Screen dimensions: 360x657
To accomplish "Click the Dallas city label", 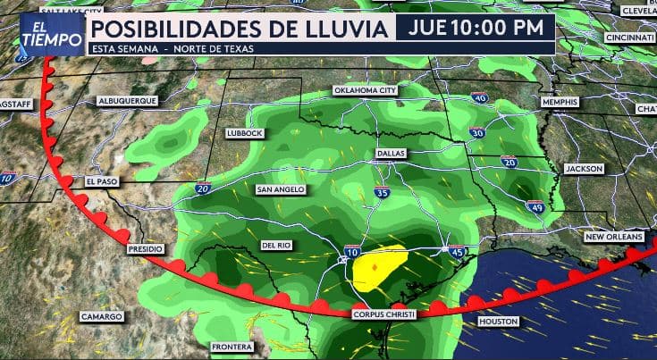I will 391,153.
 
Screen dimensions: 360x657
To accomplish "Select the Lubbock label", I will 245,132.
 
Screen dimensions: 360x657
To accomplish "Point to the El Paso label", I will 102,180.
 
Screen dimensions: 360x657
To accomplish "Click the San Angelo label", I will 281,189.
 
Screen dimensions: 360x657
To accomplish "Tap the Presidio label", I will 146,248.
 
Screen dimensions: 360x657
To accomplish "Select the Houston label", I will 498,321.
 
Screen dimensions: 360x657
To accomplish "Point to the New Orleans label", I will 614,237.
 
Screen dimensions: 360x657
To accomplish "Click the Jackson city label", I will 584,168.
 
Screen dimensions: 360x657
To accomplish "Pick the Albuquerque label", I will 127,101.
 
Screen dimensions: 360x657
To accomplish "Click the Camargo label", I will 100,316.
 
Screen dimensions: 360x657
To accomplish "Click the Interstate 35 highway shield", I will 383,191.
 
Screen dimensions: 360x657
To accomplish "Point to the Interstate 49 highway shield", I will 535,207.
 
